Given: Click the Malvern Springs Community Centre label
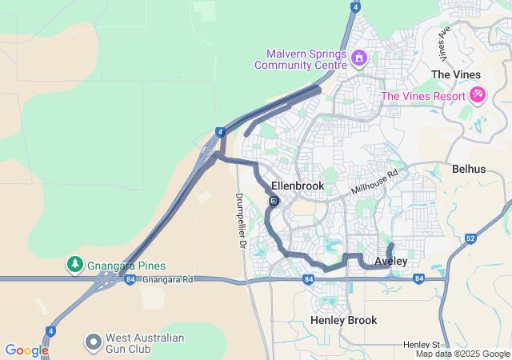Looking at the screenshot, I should coord(300,59).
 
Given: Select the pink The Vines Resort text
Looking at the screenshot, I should coord(423,96).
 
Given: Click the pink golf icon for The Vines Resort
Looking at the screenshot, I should coord(478,95).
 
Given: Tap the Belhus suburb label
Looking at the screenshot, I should coord(468,170).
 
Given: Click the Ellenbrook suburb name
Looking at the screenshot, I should coord(298,186).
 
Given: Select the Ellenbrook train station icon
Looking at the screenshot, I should coord(274,201).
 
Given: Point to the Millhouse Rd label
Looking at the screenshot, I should coord(374,184).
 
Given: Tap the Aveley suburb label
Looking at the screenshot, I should coord(390,262).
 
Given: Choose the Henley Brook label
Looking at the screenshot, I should coord(343,320).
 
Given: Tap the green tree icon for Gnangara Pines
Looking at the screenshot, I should coord(74,263).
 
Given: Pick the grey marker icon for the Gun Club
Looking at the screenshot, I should coord(94,342).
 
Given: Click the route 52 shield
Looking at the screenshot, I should coord(470,238).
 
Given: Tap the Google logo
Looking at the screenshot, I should coord(26,350).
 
